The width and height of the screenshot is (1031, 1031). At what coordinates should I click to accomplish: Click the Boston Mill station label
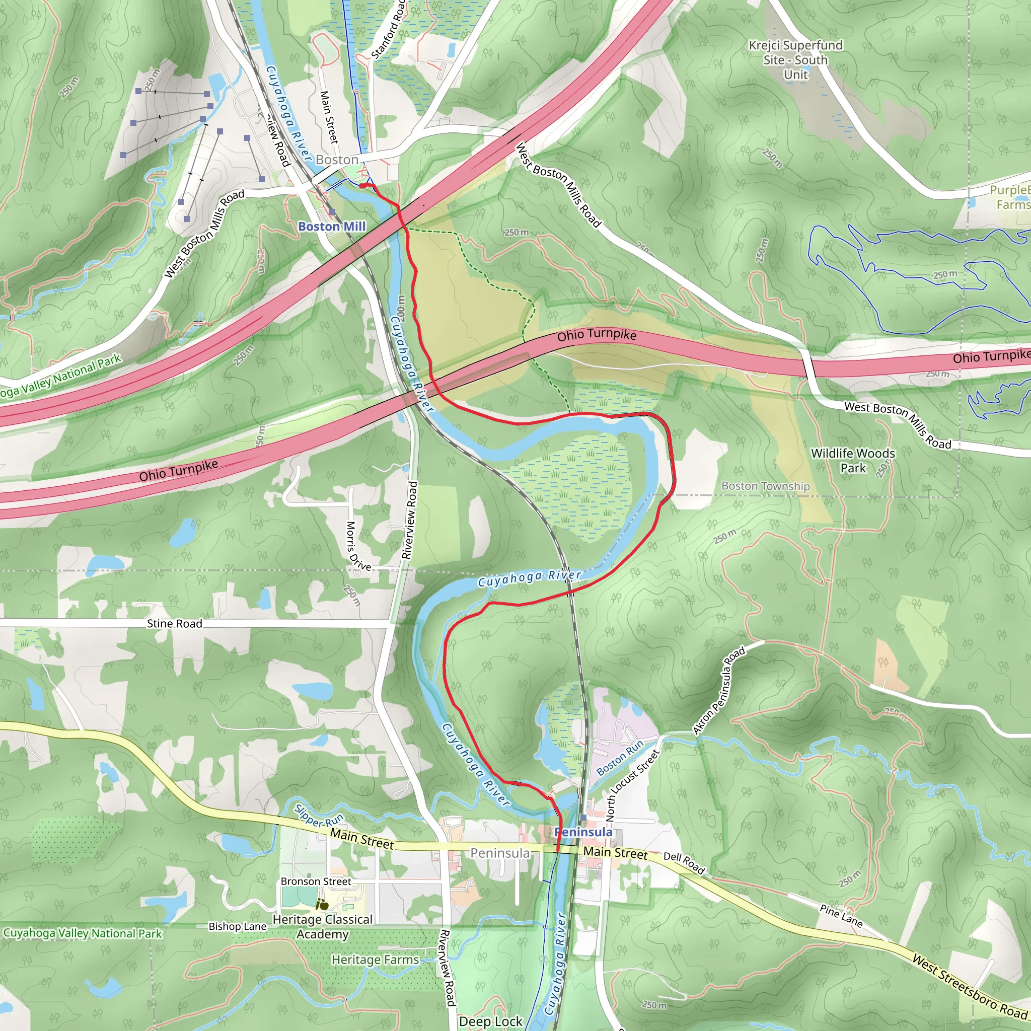point(331,226)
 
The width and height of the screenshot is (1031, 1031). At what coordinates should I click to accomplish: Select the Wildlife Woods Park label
point(853,460)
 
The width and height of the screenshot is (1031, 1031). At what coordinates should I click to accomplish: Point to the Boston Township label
point(765,486)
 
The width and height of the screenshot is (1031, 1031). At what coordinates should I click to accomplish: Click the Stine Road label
point(175,623)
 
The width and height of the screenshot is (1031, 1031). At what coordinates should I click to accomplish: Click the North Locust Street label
point(633,785)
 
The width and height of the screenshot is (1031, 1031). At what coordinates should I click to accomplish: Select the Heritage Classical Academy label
point(322,926)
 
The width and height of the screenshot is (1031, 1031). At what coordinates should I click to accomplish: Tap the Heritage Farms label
point(375,960)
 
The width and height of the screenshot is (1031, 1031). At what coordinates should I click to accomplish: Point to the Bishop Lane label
point(238,926)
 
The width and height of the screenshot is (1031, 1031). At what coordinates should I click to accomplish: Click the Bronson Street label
point(316,881)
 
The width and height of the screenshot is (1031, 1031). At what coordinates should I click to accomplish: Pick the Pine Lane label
point(841,915)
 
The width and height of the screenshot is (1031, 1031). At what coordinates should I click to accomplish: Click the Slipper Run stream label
point(319,815)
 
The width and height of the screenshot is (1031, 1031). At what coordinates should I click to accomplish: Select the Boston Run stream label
point(620,758)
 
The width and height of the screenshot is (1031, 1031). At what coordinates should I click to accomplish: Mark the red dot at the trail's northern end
point(362,186)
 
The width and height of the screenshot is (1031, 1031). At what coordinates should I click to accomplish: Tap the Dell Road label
point(684,863)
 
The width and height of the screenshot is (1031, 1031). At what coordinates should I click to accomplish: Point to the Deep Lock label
point(490,1021)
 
